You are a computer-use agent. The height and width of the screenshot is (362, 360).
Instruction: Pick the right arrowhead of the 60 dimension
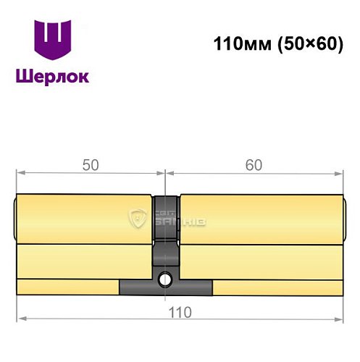click(x=338, y=172)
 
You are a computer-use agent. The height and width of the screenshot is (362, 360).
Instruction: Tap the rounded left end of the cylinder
click(x=17, y=218)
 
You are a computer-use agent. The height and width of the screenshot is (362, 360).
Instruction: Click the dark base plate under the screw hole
click(x=166, y=288)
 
